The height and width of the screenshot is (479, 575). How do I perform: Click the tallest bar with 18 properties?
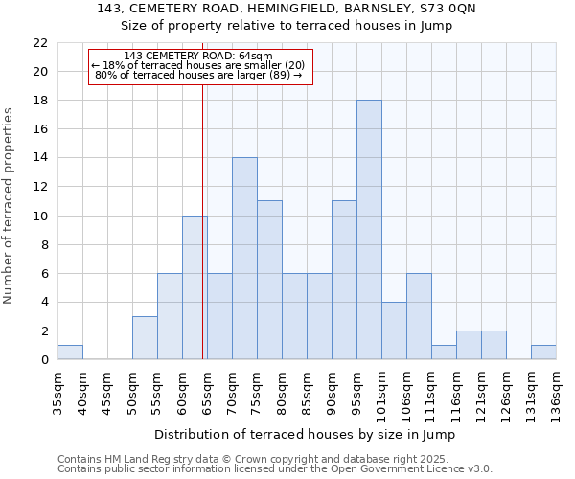[x=369, y=230]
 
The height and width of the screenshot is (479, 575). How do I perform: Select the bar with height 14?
[x=244, y=259]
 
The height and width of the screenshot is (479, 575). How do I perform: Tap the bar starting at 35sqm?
[x=70, y=353]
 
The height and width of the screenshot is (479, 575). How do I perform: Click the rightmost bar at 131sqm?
[x=543, y=353]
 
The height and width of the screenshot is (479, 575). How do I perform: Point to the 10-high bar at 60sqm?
[x=195, y=287]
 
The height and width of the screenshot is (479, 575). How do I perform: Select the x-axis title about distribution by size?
[x=305, y=434]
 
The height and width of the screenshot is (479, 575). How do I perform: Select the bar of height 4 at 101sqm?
[x=394, y=331]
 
